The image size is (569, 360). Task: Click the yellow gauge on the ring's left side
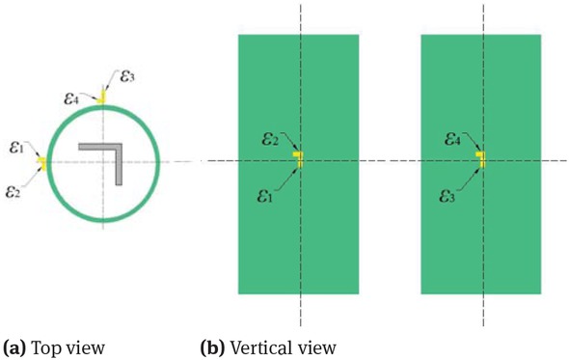(x=43, y=162)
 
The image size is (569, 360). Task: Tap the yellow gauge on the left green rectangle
(x=299, y=159)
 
